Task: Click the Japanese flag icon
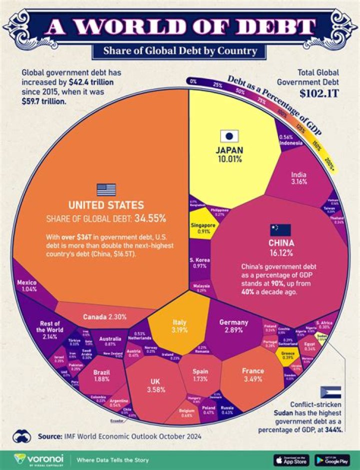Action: coord(229,136)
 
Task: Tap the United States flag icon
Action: coord(106,190)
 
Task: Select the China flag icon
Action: coord(280,230)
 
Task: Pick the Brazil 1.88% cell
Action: coord(102,375)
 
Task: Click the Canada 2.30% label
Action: coord(104,317)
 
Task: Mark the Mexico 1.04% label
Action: coord(26,286)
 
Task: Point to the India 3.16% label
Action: coord(299,179)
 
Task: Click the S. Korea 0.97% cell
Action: coord(200,263)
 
